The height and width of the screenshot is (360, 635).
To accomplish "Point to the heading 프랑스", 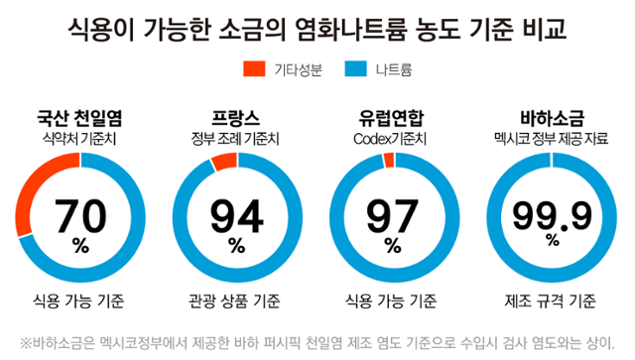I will [236, 116].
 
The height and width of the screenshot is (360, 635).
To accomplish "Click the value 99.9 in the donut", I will [552, 213].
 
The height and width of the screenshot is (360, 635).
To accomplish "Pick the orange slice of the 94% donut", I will [224, 162].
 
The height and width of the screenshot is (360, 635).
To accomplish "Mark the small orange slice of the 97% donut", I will [389, 160].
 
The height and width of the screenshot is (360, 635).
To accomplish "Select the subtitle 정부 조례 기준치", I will [236, 137].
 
